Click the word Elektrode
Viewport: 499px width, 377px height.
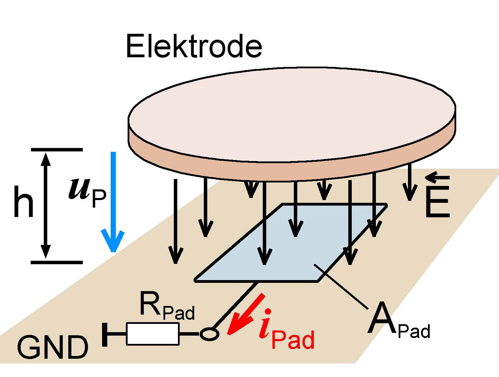194,46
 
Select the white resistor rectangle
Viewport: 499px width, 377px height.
152,334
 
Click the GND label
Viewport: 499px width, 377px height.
52,348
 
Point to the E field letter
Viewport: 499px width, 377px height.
437,202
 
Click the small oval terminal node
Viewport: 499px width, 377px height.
209,334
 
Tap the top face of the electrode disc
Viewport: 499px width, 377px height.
292,114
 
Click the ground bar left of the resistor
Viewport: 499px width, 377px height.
105,334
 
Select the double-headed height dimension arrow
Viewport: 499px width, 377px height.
46,206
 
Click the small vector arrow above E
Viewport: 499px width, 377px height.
437,178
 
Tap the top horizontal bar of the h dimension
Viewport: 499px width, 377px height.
57,150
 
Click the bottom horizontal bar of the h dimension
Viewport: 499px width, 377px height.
57,262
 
